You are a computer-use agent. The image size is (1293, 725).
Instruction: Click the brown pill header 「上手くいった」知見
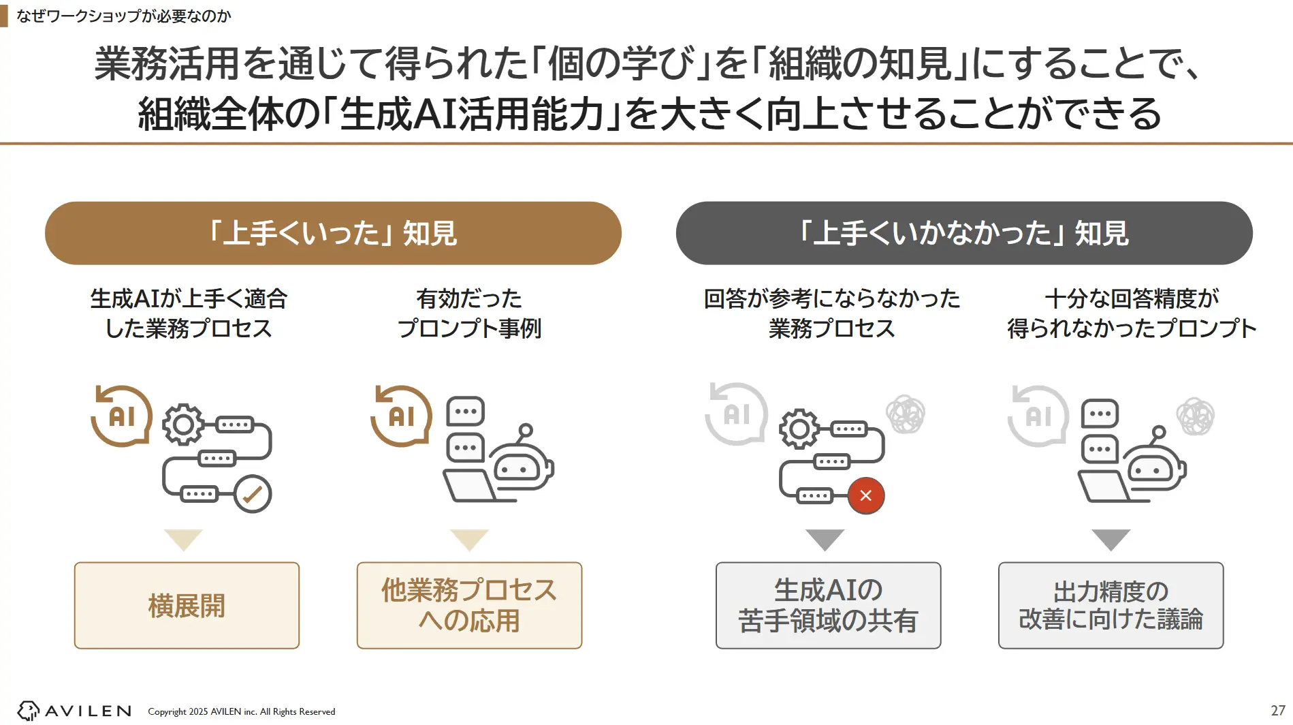coord(333,233)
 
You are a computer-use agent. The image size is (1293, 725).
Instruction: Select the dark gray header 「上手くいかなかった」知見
coord(963,233)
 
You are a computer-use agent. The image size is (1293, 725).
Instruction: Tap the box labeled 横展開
coord(187,605)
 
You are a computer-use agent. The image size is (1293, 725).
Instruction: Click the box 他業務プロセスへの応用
coord(469,605)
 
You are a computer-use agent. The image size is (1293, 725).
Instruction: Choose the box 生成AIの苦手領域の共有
coord(828,605)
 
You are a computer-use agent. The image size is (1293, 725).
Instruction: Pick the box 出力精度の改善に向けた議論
coord(1111,605)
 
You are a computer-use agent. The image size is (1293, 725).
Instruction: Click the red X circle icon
coord(865,495)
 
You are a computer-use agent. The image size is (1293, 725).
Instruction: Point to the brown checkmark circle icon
coord(253,494)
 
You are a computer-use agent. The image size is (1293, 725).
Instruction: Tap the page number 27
coord(1277,710)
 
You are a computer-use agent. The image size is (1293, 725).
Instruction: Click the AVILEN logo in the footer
coord(74,711)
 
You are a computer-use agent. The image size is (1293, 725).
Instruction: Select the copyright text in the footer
coord(241,711)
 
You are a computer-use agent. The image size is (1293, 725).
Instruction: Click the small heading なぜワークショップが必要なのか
coord(123,16)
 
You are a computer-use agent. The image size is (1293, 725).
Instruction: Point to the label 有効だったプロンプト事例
coord(469,313)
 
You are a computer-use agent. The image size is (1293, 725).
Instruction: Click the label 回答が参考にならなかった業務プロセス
coord(831,313)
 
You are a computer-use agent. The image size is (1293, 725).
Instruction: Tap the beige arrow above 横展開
coord(183,538)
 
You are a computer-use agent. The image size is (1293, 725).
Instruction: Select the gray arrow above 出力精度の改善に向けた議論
coord(1111,538)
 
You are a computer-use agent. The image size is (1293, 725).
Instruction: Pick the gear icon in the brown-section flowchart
coord(182,425)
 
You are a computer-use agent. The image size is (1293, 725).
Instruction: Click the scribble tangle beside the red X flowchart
coord(905,414)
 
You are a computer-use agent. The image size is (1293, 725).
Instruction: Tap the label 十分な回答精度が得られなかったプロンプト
coord(1132,313)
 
